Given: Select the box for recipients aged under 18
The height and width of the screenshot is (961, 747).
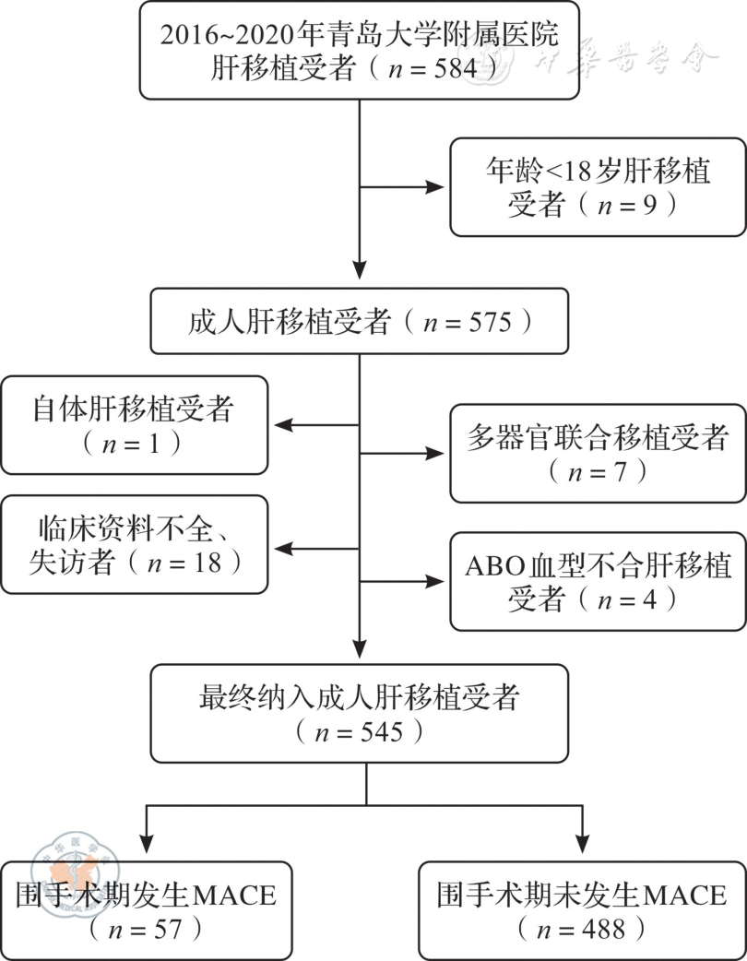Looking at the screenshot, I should click(598, 187).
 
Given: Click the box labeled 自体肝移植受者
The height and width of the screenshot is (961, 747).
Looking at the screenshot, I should click(134, 424).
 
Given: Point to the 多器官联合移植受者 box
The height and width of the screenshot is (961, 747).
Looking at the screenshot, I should click(598, 454).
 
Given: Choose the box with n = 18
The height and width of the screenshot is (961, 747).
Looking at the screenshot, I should click(134, 544).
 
